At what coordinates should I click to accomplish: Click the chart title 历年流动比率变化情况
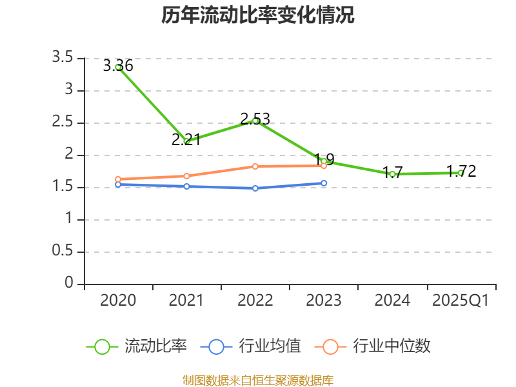pyautogui.click(x=258, y=15)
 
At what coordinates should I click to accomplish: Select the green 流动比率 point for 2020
pyautogui.click(x=118, y=67)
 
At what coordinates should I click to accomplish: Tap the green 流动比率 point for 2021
pyautogui.click(x=187, y=141)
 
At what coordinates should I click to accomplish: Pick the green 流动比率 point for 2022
pyautogui.click(x=255, y=121)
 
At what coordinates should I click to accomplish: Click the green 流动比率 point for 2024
pyautogui.click(x=392, y=174)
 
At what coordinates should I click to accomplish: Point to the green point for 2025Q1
pyautogui.click(x=461, y=173)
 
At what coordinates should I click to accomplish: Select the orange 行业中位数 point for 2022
pyautogui.click(x=255, y=166)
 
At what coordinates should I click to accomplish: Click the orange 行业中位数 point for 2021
pyautogui.click(x=187, y=176)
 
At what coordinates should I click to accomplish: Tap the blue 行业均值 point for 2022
pyautogui.click(x=255, y=188)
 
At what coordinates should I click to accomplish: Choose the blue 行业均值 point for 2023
pyautogui.click(x=324, y=183)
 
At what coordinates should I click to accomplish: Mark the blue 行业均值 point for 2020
pyautogui.click(x=118, y=184)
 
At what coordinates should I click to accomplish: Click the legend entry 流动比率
pyautogui.click(x=137, y=346)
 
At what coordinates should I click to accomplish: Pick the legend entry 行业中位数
pyautogui.click(x=373, y=346)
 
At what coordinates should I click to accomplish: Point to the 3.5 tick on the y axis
pyautogui.click(x=63, y=59)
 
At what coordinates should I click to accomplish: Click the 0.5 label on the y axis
pyautogui.click(x=63, y=252)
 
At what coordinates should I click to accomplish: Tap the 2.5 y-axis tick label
pyautogui.click(x=63, y=123)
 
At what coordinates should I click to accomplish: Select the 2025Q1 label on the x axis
pyautogui.click(x=461, y=301)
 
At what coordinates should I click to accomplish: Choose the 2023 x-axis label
pyautogui.click(x=324, y=301)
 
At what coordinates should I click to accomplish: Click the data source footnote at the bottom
pyautogui.click(x=258, y=380)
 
